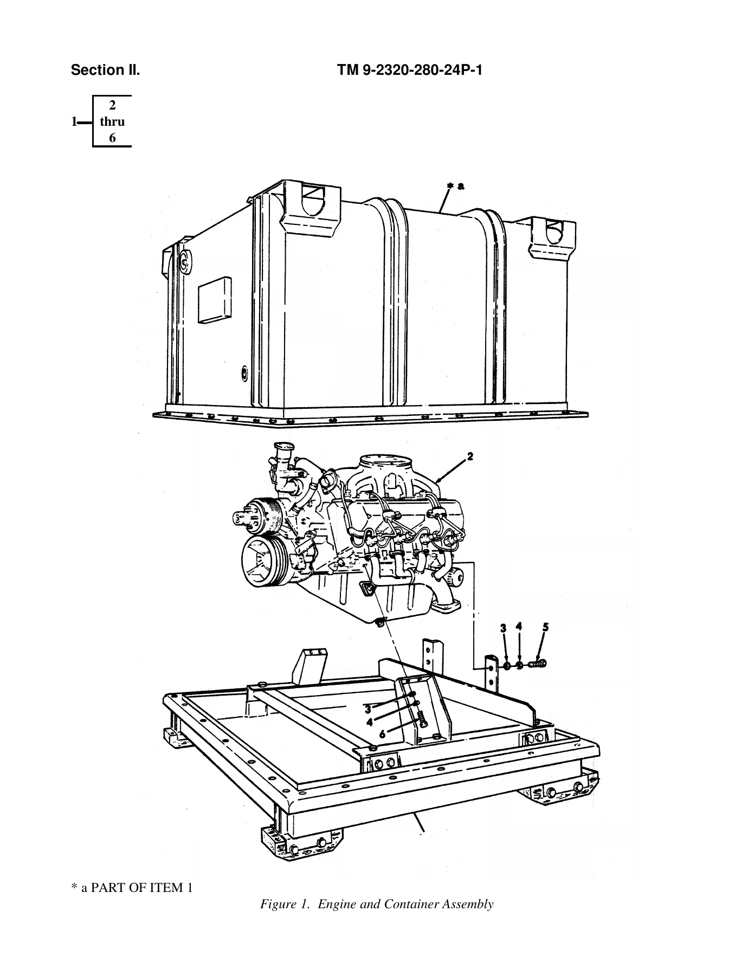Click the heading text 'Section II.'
point(105,70)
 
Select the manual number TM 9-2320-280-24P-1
point(409,70)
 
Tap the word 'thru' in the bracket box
point(112,121)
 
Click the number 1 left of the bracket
point(74,122)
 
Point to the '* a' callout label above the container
point(455,187)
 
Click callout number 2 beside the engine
point(470,457)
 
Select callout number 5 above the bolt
point(545,627)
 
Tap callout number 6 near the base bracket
point(383,734)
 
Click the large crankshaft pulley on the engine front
point(262,562)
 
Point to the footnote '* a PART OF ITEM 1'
point(132,888)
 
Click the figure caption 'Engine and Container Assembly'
point(405,904)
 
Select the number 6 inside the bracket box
point(112,138)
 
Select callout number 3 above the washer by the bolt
point(504,628)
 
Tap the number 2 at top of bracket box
point(112,105)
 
